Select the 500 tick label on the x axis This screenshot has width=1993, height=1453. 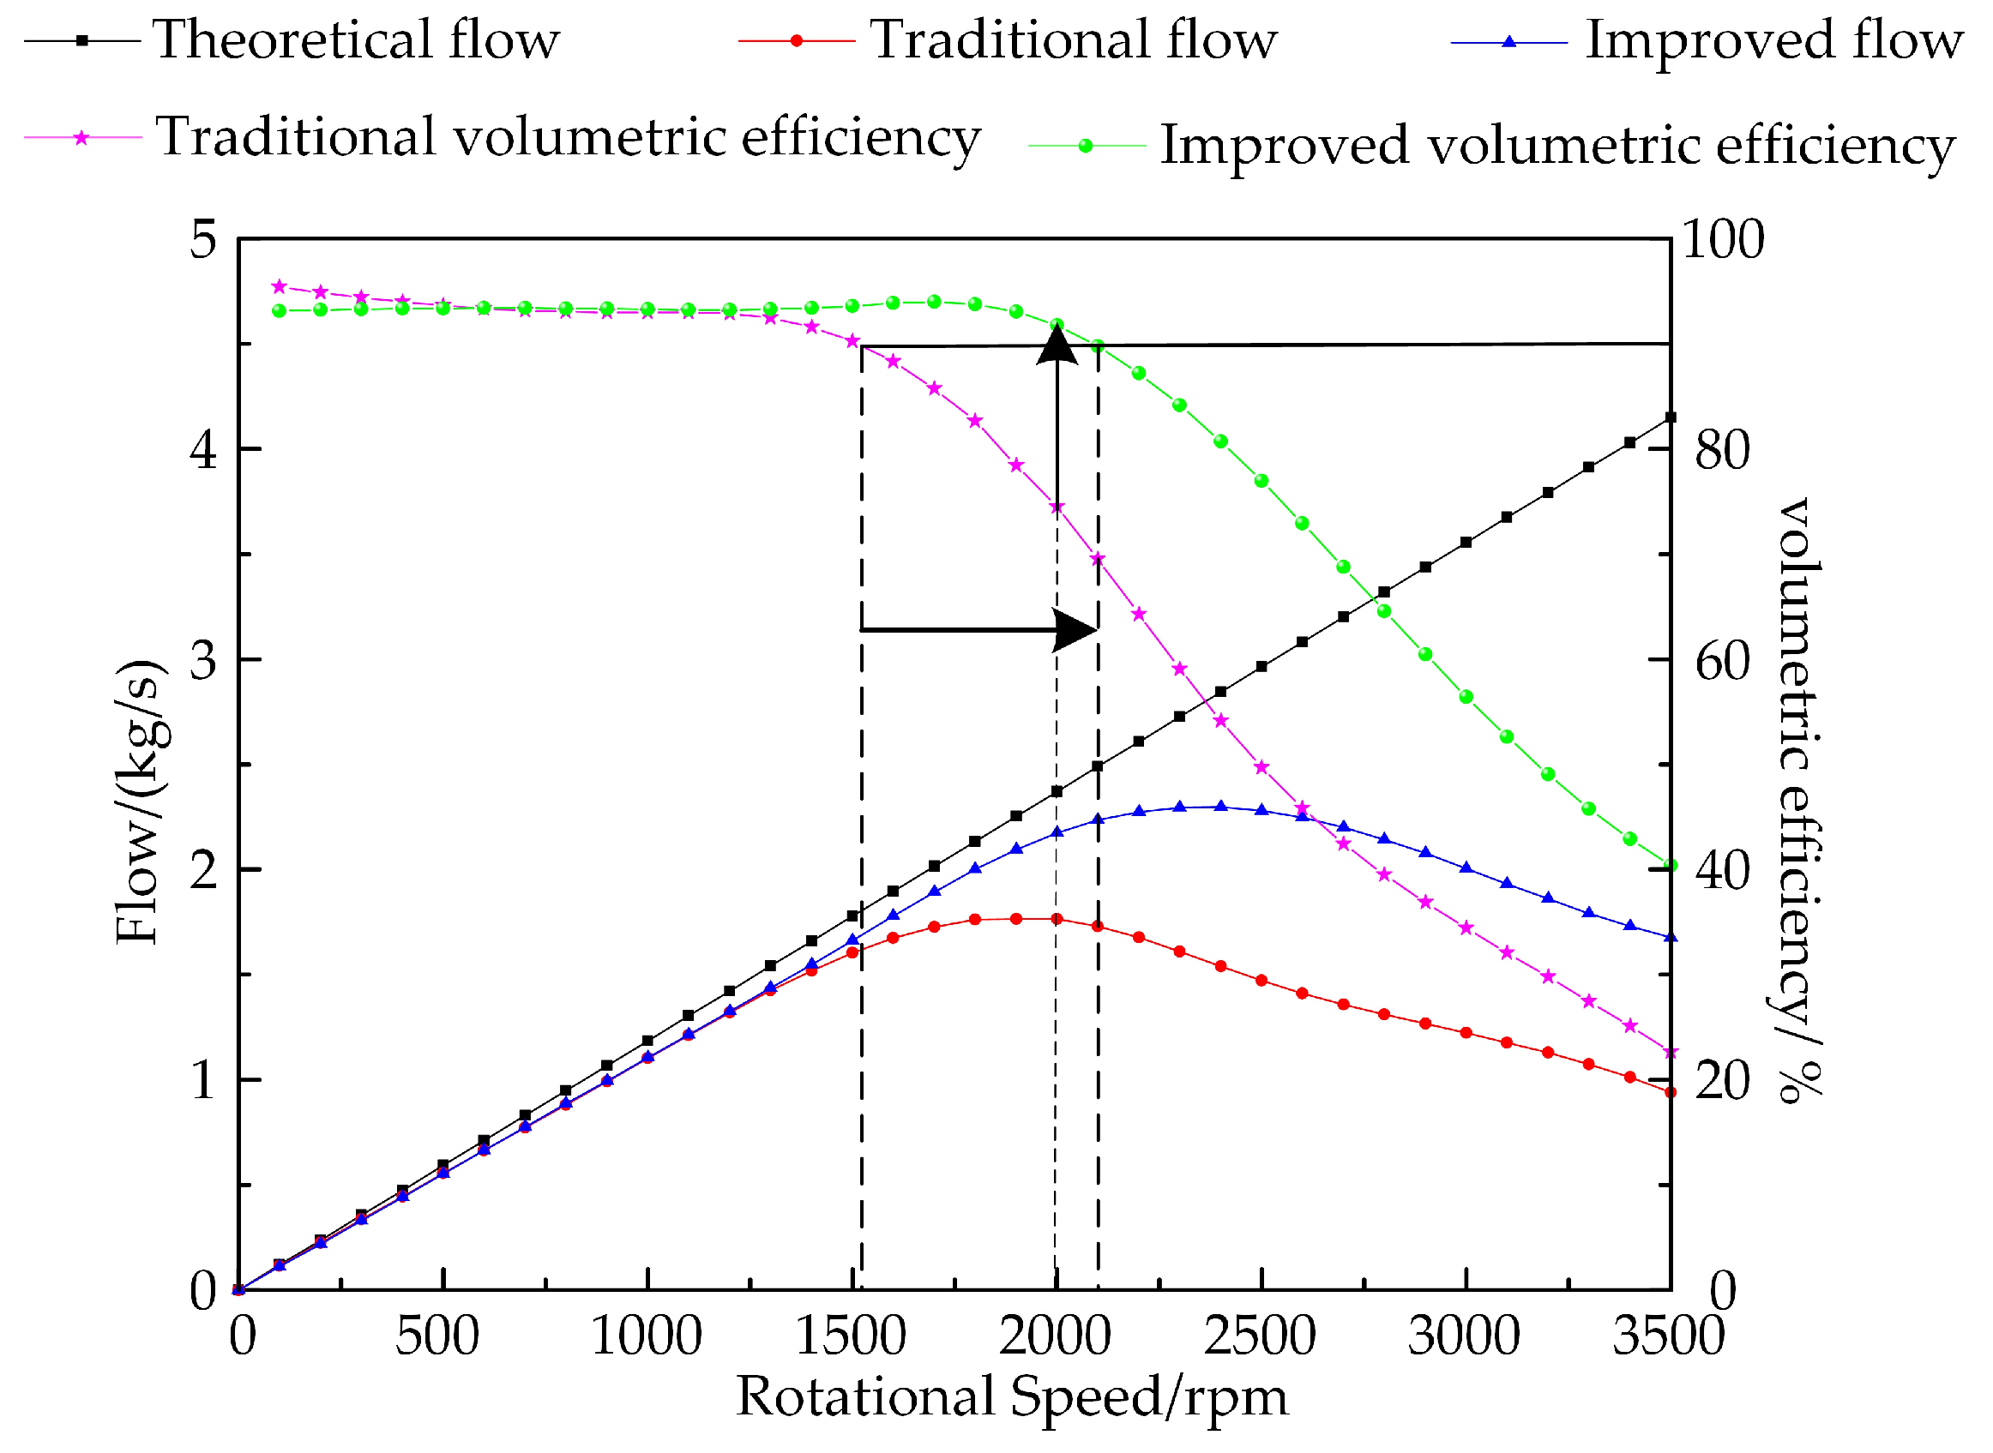pyautogui.click(x=437, y=1336)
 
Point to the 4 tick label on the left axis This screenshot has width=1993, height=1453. pyautogui.click(x=203, y=449)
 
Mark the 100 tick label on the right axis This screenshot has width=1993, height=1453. pyautogui.click(x=1722, y=239)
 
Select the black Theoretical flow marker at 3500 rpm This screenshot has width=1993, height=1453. pyautogui.click(x=1670, y=417)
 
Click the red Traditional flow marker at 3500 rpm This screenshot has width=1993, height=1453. pyautogui.click(x=1670, y=1092)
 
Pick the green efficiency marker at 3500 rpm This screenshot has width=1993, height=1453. pyautogui.click(x=1670, y=867)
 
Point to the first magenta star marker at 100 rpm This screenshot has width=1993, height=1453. pyautogui.click(x=280, y=286)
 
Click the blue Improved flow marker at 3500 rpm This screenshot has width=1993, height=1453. pyautogui.click(x=1670, y=938)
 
